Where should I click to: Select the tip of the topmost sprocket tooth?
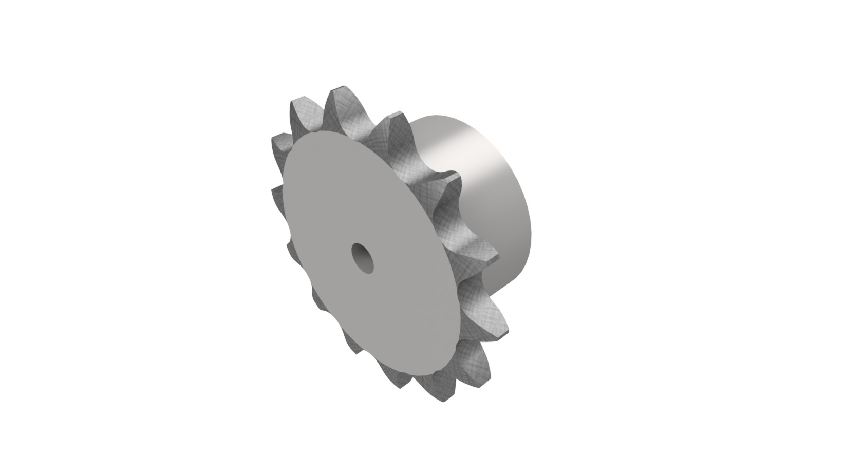coord(339,89)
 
